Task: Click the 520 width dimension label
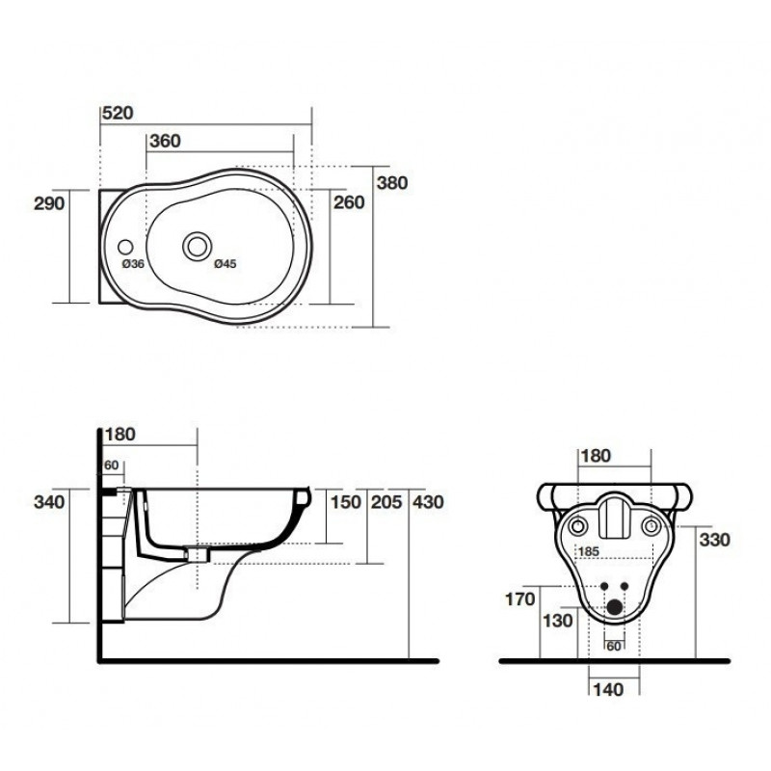click(x=118, y=113)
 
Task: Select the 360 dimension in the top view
click(x=165, y=141)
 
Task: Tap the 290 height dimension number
click(x=49, y=203)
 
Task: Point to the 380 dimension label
click(x=392, y=183)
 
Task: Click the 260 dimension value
click(x=349, y=202)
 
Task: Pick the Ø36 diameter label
click(x=133, y=264)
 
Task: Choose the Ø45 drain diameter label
click(x=226, y=264)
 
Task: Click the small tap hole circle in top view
click(x=125, y=247)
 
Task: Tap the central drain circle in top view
click(x=198, y=247)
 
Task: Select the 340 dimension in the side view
click(x=49, y=502)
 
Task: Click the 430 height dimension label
click(x=428, y=502)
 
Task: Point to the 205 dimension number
click(x=386, y=502)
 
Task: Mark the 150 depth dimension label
click(x=346, y=502)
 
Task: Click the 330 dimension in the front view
click(x=714, y=540)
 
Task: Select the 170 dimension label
click(x=520, y=599)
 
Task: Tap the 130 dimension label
click(x=558, y=621)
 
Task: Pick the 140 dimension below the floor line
click(x=608, y=690)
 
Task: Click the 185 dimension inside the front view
click(x=589, y=551)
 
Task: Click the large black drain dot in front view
click(x=614, y=607)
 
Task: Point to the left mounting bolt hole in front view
click(x=577, y=526)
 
